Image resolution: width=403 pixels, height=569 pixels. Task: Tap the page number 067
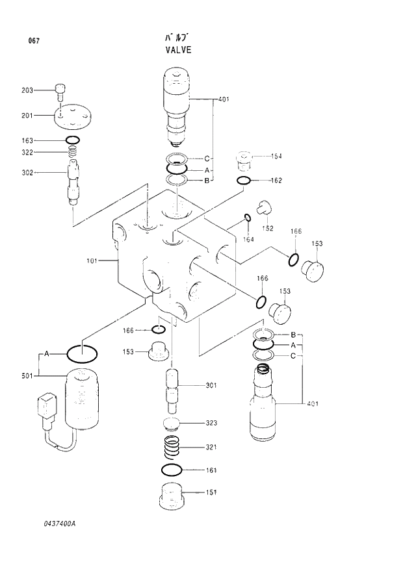pyautogui.click(x=34, y=42)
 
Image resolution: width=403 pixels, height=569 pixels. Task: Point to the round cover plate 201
pyautogui.click(x=73, y=116)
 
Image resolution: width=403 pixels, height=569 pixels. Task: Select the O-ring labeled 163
pyautogui.click(x=73, y=140)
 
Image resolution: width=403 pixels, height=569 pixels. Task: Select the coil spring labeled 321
pyautogui.click(x=172, y=448)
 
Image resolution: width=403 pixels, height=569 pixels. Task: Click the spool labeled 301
pyautogui.click(x=174, y=390)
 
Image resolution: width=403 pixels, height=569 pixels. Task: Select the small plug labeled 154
pyautogui.click(x=243, y=158)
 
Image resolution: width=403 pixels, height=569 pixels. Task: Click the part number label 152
pyautogui.click(x=267, y=228)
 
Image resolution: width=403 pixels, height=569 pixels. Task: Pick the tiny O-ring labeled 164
pyautogui.click(x=248, y=217)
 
